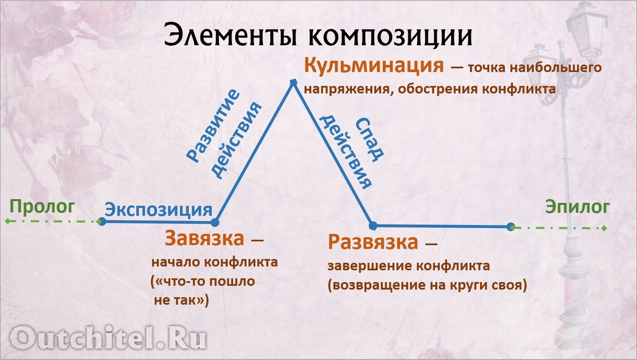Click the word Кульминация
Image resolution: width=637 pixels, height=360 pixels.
click(x=374, y=66)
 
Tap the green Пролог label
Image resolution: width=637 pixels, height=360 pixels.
click(x=43, y=207)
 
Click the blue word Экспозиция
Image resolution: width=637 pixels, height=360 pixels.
click(x=158, y=209)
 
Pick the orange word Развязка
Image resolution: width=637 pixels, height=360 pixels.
click(x=373, y=243)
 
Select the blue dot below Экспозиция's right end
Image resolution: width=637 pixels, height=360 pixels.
click(x=214, y=222)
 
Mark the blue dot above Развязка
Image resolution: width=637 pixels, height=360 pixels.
click(x=373, y=226)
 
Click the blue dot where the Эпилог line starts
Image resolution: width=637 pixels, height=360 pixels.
click(x=511, y=227)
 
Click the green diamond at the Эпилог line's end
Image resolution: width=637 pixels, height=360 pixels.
click(x=604, y=228)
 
